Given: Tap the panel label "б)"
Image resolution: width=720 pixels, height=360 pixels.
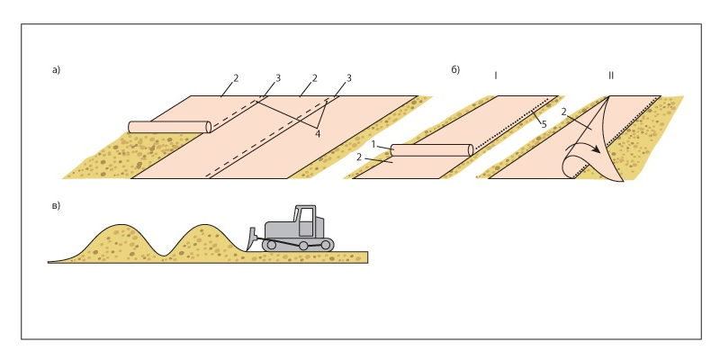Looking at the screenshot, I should pyautogui.click(x=455, y=69).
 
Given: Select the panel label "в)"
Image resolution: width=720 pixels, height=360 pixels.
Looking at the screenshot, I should pyautogui.click(x=56, y=205).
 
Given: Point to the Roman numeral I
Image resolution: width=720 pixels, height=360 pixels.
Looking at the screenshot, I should pyautogui.click(x=496, y=76).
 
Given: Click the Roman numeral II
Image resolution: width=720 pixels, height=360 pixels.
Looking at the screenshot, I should pyautogui.click(x=611, y=76).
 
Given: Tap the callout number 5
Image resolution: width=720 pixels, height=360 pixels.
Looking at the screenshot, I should pyautogui.click(x=544, y=125).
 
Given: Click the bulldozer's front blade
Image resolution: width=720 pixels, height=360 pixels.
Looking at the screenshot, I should pyautogui.click(x=251, y=238).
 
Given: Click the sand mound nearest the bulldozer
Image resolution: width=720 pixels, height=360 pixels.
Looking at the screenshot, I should pyautogui.click(x=198, y=238).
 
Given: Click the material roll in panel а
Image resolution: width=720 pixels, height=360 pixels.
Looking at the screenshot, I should pyautogui.click(x=169, y=127).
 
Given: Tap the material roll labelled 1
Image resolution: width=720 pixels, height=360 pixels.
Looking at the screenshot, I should pyautogui.click(x=431, y=150).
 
